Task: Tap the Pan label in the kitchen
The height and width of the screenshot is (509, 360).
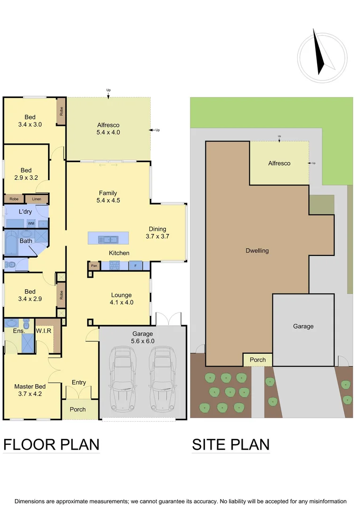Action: tap(94, 266)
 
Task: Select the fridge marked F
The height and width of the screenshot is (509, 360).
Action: tap(135, 266)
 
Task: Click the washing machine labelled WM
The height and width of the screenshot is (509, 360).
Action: tap(31, 223)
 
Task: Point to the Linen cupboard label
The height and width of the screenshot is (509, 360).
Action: tap(37, 199)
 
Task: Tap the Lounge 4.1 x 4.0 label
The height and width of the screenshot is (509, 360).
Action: tap(122, 299)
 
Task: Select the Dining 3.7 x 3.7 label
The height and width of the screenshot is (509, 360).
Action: tap(158, 233)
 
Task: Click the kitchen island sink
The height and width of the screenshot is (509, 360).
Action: tap(107, 239)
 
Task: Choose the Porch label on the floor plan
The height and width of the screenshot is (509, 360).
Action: tap(78, 409)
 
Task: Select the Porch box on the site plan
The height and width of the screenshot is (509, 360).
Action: tap(258, 360)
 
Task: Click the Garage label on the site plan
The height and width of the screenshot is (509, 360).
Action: tap(303, 326)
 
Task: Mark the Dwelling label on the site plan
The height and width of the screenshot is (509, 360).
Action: tap(257, 251)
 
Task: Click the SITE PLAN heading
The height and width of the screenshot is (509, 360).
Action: tap(230, 444)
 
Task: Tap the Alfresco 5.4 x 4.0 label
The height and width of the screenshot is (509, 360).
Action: tap(108, 129)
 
